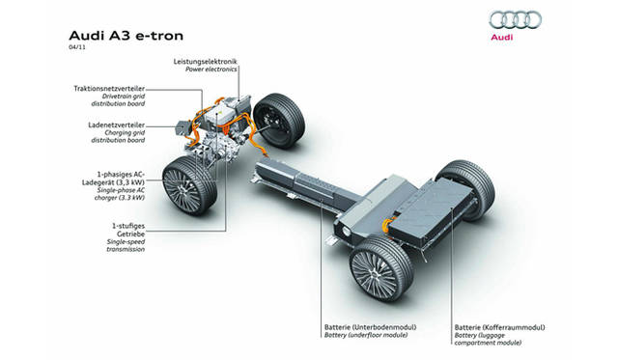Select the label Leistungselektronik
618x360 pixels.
206,62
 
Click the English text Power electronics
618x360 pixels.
211,70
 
